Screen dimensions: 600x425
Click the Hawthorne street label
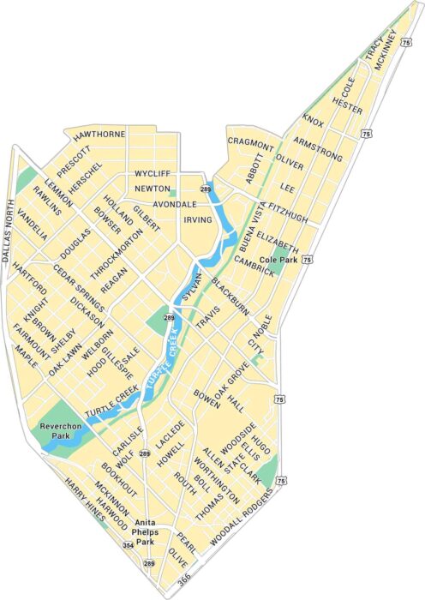[99, 135]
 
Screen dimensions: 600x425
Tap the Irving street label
[197, 219]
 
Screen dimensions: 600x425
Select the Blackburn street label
[230, 297]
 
